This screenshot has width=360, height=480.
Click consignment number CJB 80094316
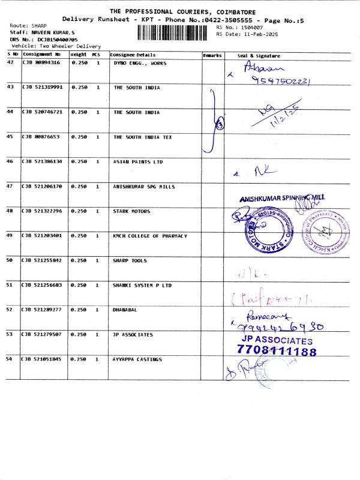click(x=41, y=62)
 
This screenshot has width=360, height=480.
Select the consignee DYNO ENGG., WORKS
click(x=140, y=62)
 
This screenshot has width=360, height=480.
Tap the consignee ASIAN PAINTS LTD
click(x=138, y=162)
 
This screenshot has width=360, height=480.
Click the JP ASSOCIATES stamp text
click(x=277, y=340)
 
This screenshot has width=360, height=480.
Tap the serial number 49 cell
click(x=10, y=236)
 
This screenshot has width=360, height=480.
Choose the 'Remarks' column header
click(x=212, y=55)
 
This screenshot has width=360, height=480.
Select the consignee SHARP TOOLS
click(x=131, y=261)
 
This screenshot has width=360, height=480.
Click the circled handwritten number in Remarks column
click(x=220, y=125)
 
